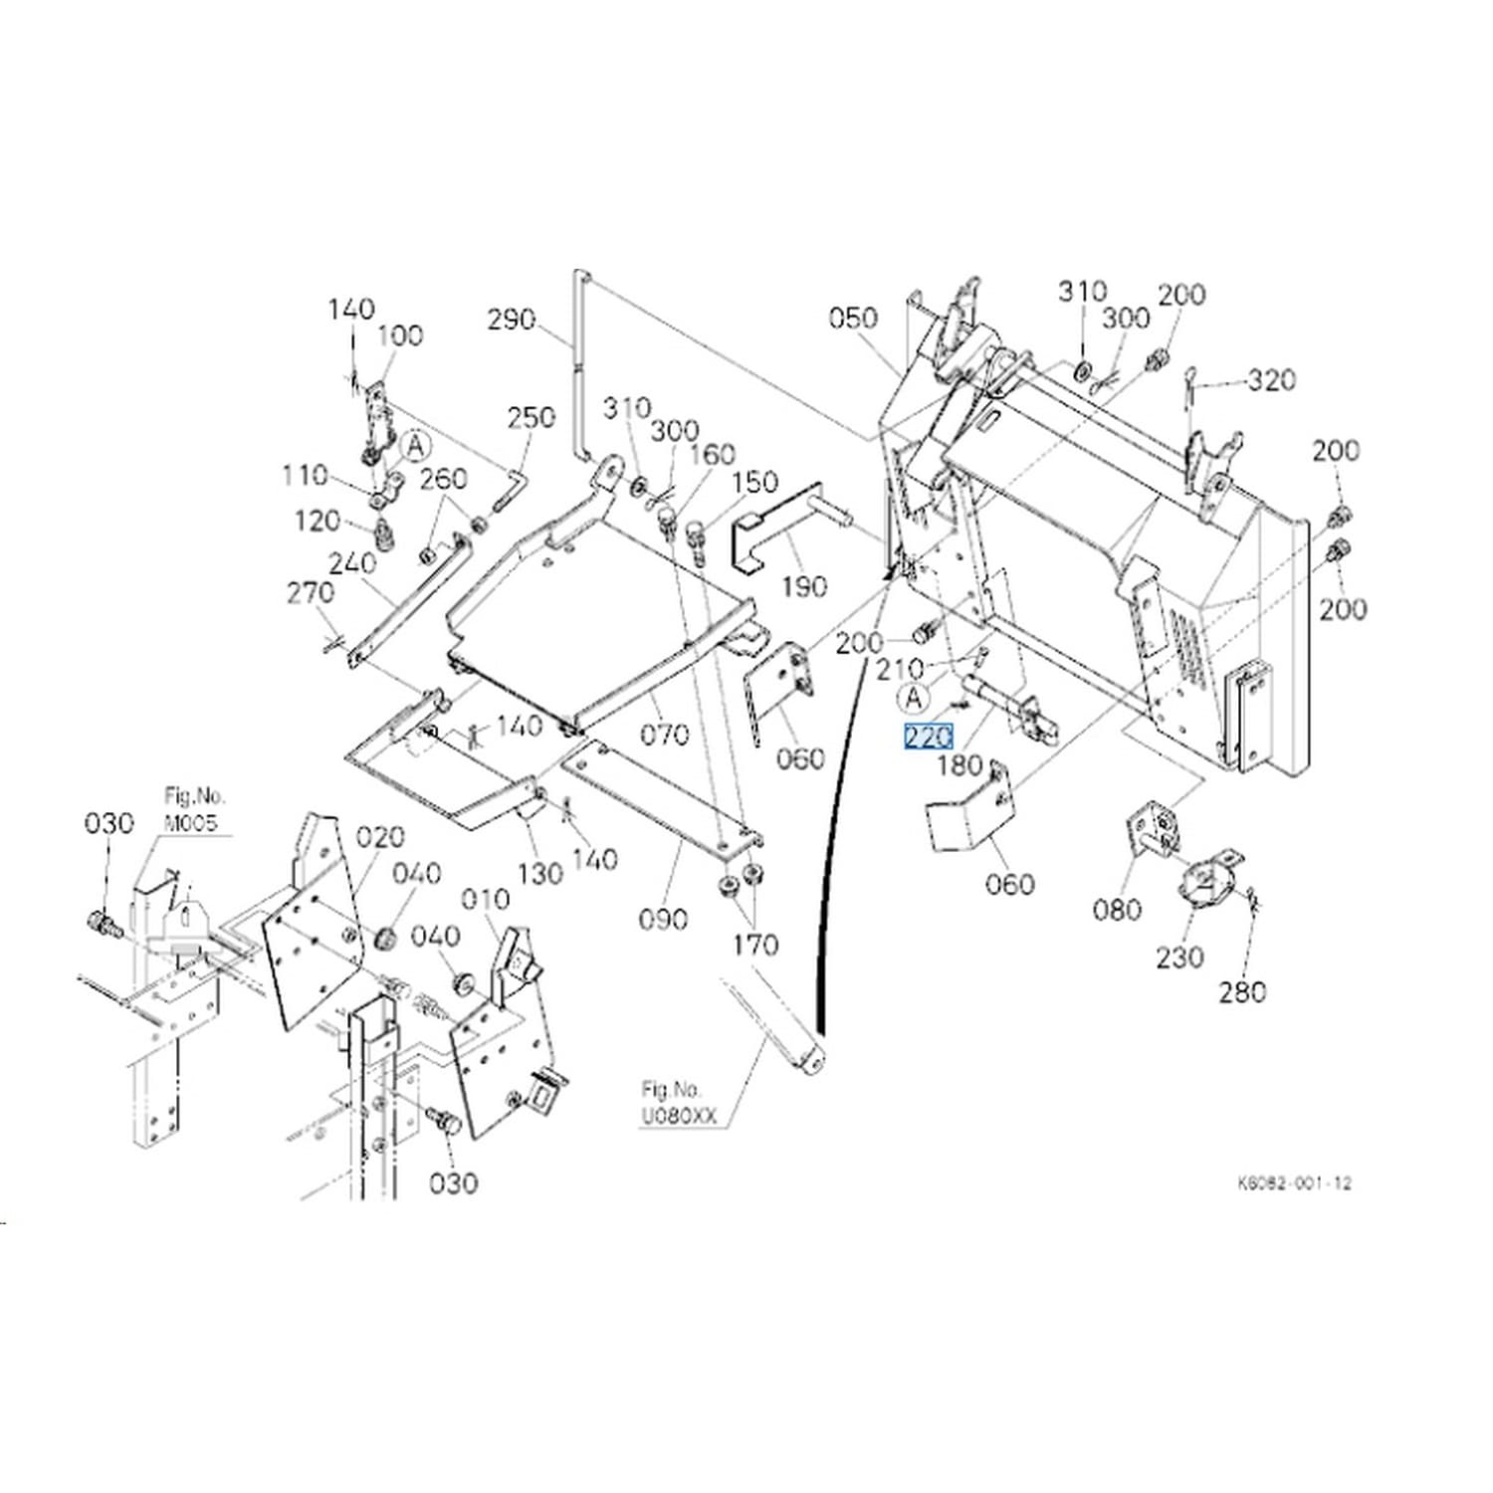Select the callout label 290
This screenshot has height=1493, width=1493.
(x=512, y=320)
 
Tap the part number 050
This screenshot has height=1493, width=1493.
(x=853, y=318)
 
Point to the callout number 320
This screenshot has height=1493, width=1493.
(x=1272, y=379)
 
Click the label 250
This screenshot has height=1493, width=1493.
(x=531, y=416)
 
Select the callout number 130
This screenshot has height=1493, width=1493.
(x=540, y=873)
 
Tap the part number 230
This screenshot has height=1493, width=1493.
(x=1179, y=957)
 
